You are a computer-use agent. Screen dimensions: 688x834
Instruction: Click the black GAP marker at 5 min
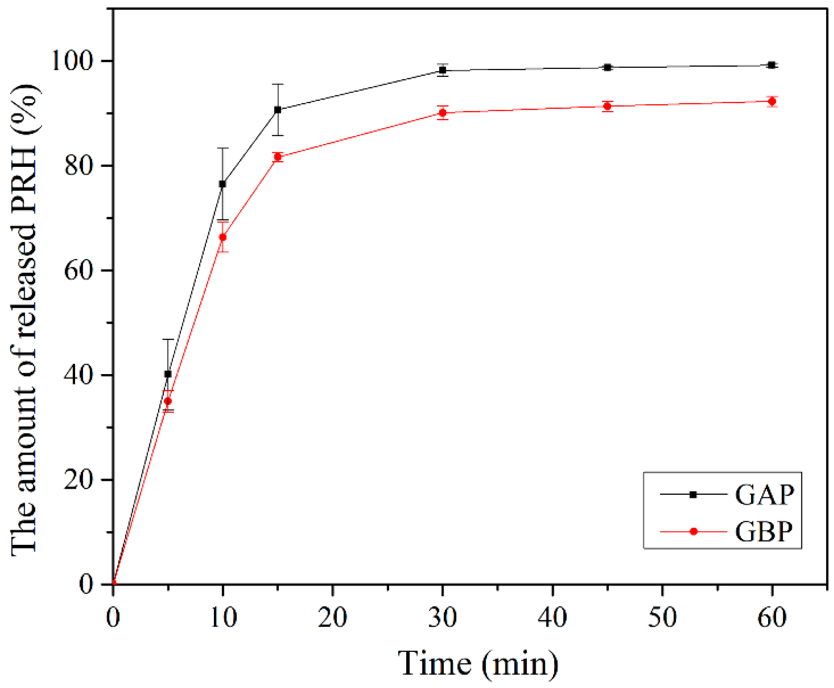pyautogui.click(x=168, y=374)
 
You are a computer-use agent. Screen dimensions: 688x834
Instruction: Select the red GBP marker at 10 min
pyautogui.click(x=223, y=237)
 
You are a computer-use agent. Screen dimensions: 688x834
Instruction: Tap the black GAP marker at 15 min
pyautogui.click(x=278, y=110)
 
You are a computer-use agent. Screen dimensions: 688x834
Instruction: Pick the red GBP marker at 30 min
pyautogui.click(x=443, y=113)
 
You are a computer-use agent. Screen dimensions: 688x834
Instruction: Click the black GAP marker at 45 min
pyautogui.click(x=607, y=68)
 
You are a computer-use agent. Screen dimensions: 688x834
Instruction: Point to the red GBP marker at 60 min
pyautogui.click(x=772, y=101)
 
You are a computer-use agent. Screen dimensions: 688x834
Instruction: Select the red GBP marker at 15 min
pyautogui.click(x=278, y=157)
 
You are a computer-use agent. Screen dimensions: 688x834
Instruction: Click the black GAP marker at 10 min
pyautogui.click(x=223, y=184)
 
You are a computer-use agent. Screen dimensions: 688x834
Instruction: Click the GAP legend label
pyautogui.click(x=765, y=495)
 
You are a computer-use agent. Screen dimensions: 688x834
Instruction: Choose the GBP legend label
pyautogui.click(x=764, y=532)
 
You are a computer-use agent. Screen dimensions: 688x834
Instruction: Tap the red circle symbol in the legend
pyautogui.click(x=693, y=532)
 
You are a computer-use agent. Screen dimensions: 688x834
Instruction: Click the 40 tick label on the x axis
pyautogui.click(x=552, y=618)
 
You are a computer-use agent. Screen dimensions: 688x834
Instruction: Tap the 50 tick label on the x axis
pyautogui.click(x=662, y=618)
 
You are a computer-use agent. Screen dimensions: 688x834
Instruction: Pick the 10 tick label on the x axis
pyautogui.click(x=223, y=618)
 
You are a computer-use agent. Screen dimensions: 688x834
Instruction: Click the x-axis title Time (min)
pyautogui.click(x=478, y=663)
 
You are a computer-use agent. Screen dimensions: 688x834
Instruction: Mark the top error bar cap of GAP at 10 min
pyautogui.click(x=223, y=148)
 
